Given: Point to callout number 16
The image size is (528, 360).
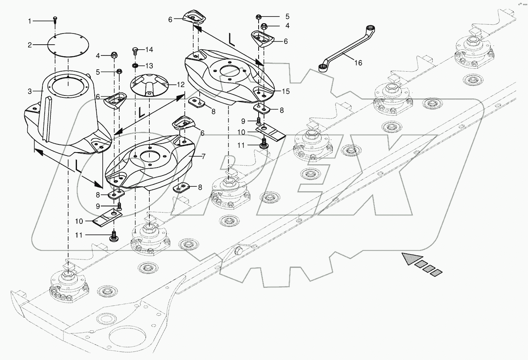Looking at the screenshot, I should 358,63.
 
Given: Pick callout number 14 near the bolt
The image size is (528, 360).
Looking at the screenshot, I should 149,50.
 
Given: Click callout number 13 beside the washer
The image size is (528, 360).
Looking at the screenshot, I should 149,65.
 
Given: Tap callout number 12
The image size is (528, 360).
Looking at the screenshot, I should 180,84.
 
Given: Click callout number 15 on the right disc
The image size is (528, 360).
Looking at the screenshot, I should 285,91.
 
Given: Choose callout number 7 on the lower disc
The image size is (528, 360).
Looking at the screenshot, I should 203,156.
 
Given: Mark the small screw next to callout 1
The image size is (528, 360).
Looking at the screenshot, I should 55,20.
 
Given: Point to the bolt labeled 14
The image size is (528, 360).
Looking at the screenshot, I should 135,50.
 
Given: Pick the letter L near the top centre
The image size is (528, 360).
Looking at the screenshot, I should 231,39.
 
